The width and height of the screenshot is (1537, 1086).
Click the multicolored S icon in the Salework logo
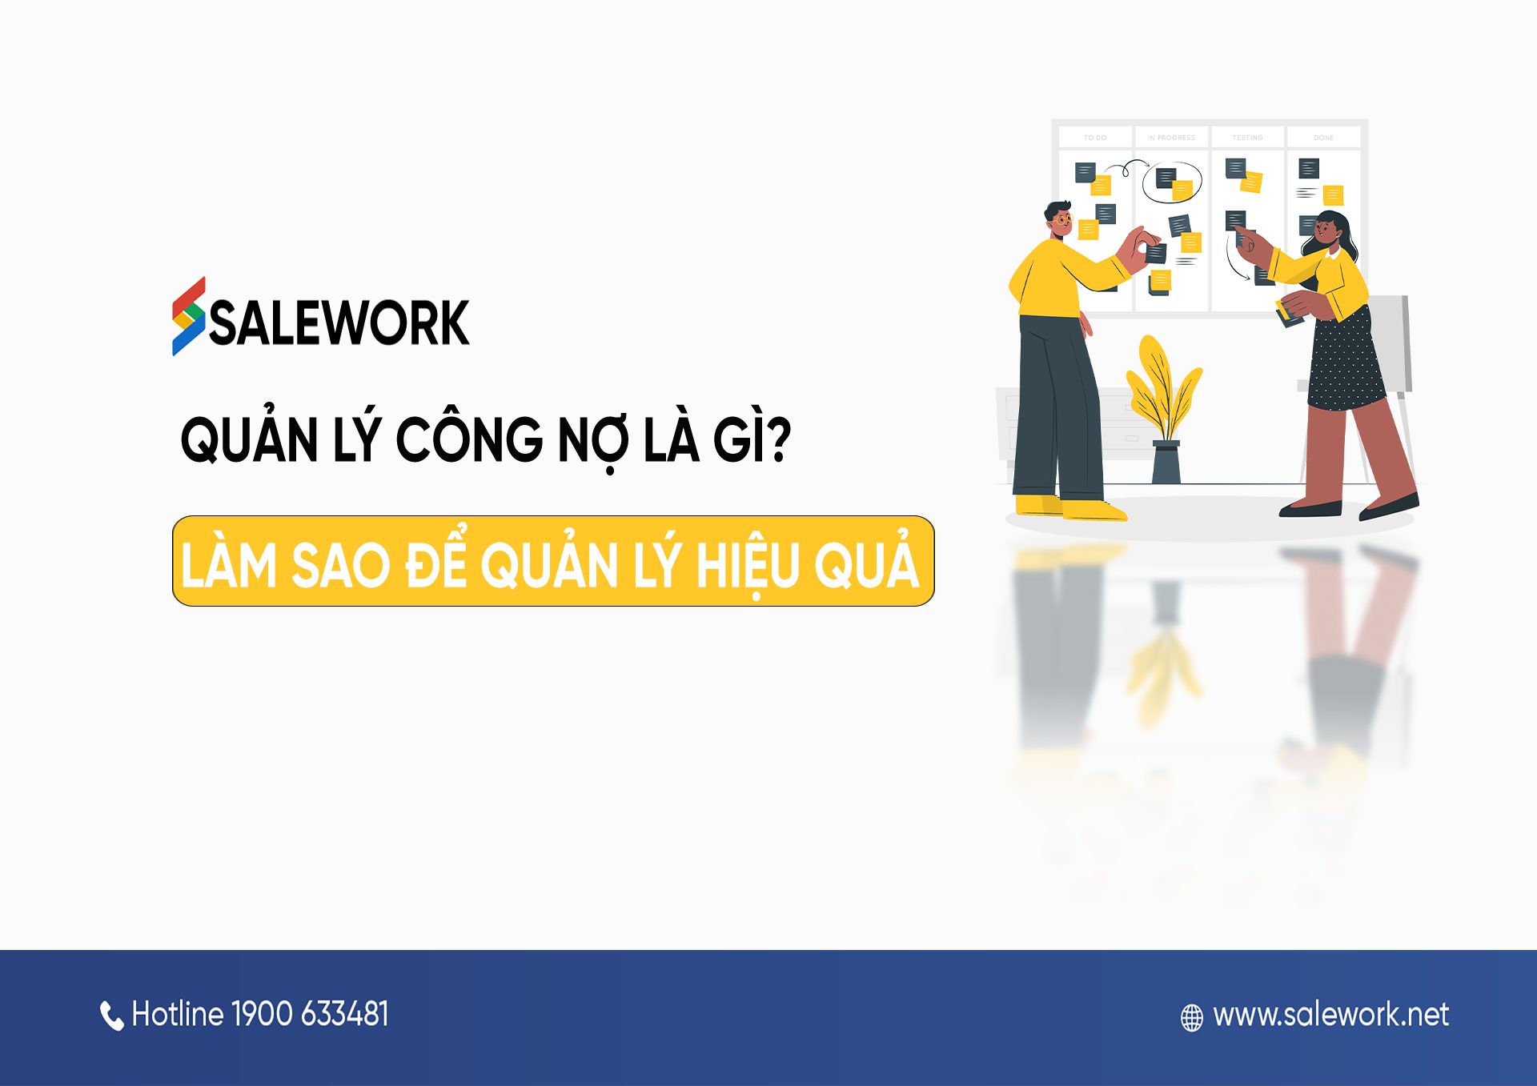189,316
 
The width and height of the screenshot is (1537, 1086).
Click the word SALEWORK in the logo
339,323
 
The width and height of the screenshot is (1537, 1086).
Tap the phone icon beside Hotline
111,1016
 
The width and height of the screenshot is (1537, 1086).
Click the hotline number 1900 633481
310,1014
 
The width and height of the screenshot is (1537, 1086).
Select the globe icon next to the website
1191,1017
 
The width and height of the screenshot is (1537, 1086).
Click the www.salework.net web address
1330,1015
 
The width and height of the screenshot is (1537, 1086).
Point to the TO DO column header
1094,138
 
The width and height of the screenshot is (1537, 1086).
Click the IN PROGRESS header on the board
1170,138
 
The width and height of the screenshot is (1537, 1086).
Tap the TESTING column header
1247,138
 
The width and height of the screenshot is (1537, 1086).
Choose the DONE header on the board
1323,138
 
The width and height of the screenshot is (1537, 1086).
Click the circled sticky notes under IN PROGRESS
1172,182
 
